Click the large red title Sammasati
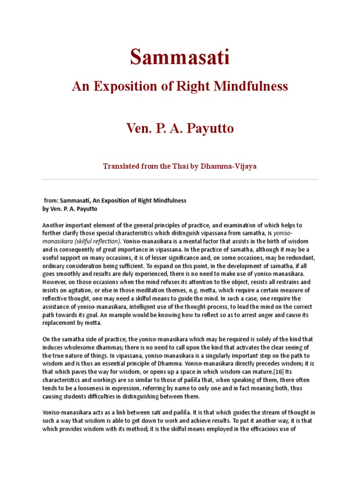pyautogui.click(x=180, y=58)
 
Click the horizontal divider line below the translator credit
pyautogui.click(x=180, y=179)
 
